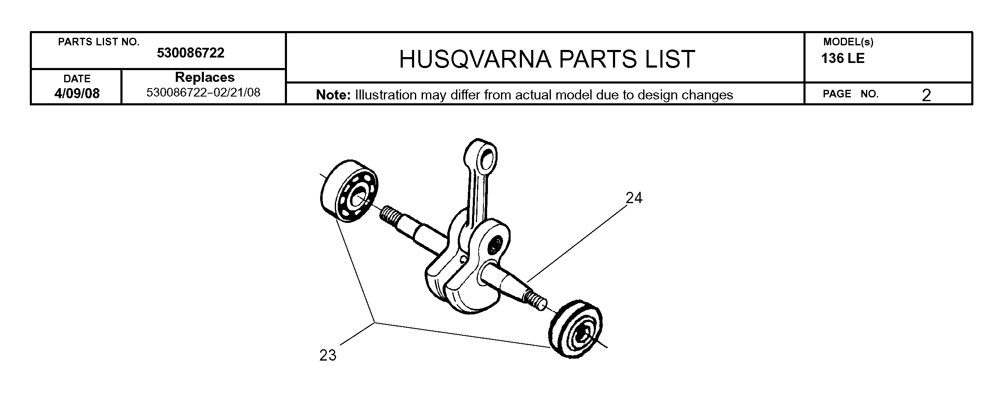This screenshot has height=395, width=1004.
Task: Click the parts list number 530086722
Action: (x=190, y=53)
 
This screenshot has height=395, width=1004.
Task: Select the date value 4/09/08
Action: (x=77, y=93)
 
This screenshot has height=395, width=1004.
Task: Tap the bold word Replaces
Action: (x=205, y=77)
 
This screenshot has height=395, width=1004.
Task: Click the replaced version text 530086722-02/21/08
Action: (x=203, y=92)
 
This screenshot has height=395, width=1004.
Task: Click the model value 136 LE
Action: (x=843, y=58)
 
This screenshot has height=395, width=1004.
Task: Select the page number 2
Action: (x=926, y=95)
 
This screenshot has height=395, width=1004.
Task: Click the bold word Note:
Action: (x=333, y=95)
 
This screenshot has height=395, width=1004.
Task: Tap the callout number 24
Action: (x=634, y=198)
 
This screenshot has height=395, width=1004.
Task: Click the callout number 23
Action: (x=328, y=356)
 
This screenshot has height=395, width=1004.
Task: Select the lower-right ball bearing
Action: (x=575, y=329)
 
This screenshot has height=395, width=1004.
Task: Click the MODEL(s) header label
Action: (x=848, y=42)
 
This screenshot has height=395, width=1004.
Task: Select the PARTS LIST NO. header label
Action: (x=99, y=42)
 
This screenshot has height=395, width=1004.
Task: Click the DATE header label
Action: (x=77, y=78)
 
